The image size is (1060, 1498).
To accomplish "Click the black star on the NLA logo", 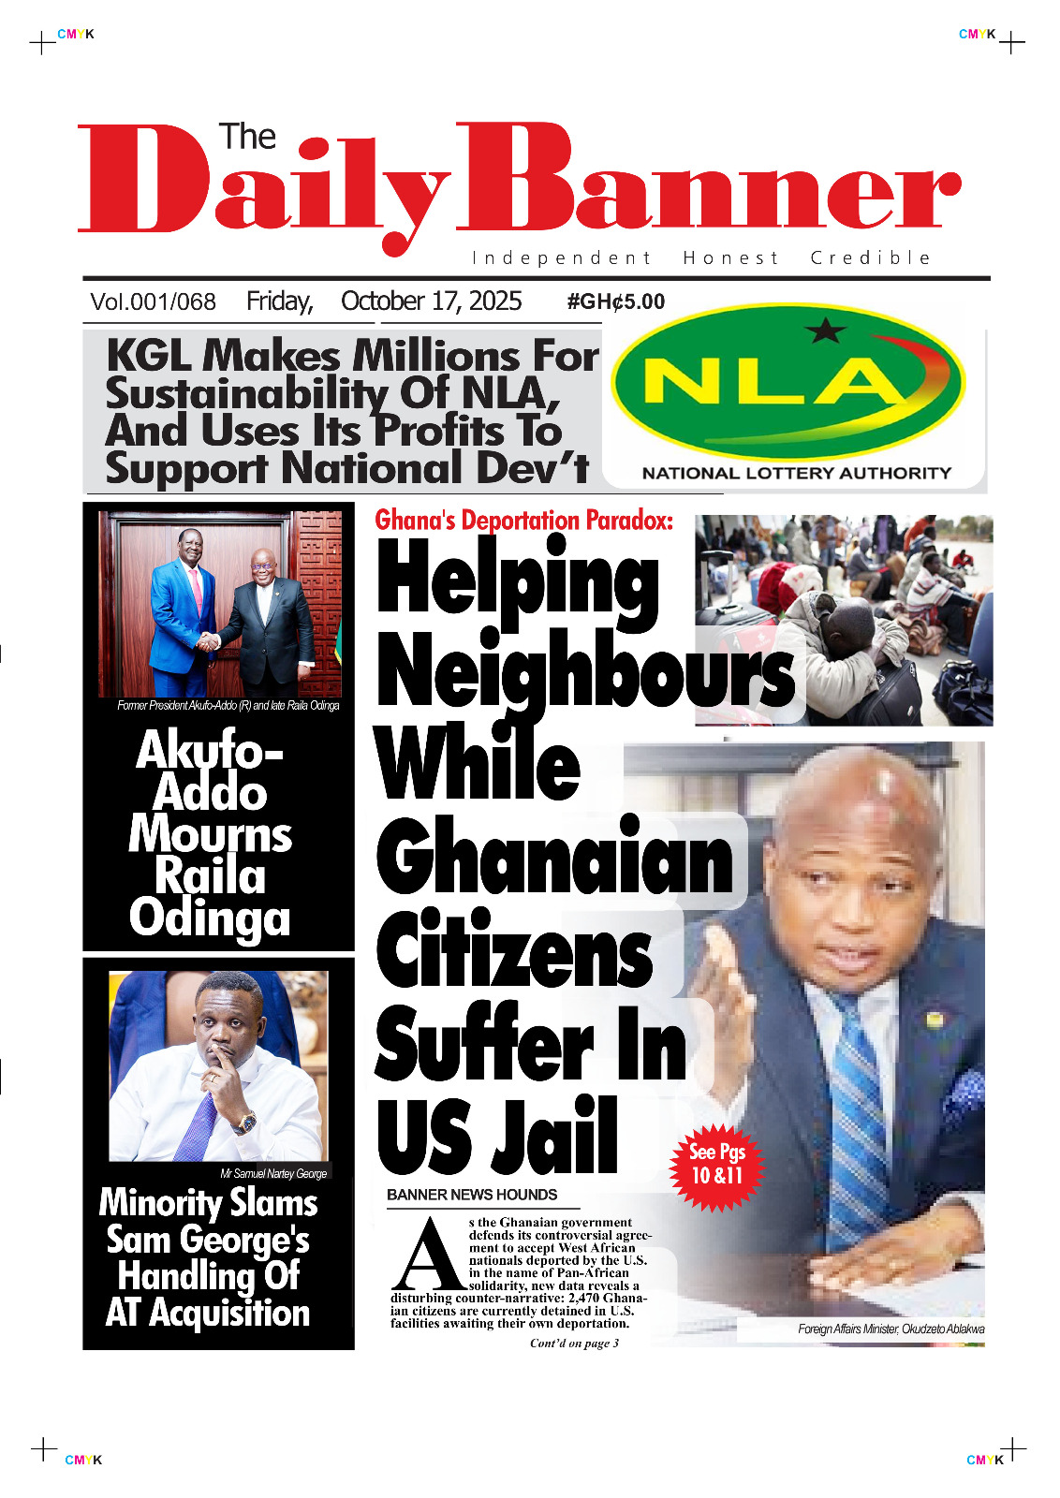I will [x=825, y=330].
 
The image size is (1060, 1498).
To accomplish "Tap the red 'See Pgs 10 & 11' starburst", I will [x=716, y=1166].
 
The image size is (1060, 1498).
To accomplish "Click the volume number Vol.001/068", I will [x=153, y=302].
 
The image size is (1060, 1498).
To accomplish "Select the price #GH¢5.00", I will [x=615, y=302].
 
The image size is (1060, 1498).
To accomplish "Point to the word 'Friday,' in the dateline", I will [x=279, y=301].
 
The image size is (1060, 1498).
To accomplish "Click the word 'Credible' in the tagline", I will [x=870, y=258].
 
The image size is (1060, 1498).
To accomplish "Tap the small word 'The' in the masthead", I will [x=247, y=138].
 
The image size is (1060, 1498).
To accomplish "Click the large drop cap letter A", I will [x=428, y=1256].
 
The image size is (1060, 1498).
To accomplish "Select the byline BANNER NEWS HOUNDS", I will [x=472, y=1195].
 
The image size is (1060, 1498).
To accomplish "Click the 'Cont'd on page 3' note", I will [x=574, y=1344].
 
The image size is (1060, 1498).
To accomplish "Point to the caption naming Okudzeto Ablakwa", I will [x=891, y=1329].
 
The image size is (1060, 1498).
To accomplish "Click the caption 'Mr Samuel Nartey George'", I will [x=273, y=1174].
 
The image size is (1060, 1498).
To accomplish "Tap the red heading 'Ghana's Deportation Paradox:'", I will [x=523, y=521].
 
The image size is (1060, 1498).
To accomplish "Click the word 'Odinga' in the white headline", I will [x=210, y=918].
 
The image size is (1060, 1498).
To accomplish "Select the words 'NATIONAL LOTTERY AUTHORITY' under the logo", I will [x=796, y=474].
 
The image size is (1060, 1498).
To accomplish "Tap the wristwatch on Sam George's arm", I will [x=245, y=1122].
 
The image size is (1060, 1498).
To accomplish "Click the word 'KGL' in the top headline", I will [x=150, y=357].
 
